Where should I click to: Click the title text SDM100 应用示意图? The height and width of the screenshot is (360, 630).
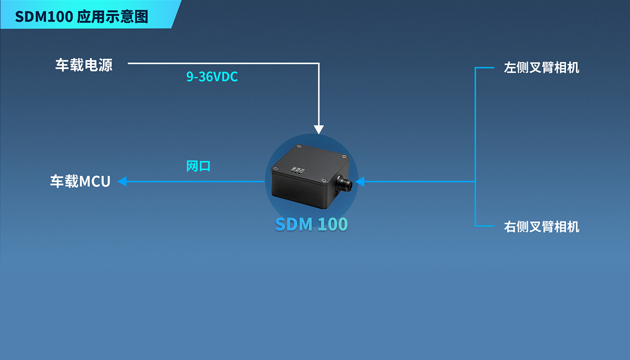tap(81, 16)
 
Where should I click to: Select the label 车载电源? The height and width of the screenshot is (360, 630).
tap(84, 65)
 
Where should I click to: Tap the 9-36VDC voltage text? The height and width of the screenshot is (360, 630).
tap(212, 77)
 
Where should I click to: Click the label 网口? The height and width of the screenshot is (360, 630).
tap(198, 166)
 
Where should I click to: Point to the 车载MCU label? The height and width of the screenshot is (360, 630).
tap(80, 181)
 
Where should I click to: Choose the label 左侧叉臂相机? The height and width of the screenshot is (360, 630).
tap(541, 67)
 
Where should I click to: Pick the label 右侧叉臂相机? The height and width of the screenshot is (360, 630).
tap(541, 226)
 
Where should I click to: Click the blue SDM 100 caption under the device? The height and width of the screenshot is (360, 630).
tap(311, 224)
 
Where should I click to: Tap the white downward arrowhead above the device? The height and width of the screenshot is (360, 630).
tap(319, 129)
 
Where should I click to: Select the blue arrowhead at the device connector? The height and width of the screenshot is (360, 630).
tap(360, 181)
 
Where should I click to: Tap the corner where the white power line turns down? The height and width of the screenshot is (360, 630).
tap(319, 63)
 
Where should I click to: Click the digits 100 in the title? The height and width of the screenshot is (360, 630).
tap(62, 16)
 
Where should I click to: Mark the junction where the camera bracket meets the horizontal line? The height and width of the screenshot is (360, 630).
tap(475, 181)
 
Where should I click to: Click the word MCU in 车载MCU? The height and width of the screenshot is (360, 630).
tap(95, 181)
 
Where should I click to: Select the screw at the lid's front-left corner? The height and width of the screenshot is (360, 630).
tap(275, 168)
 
